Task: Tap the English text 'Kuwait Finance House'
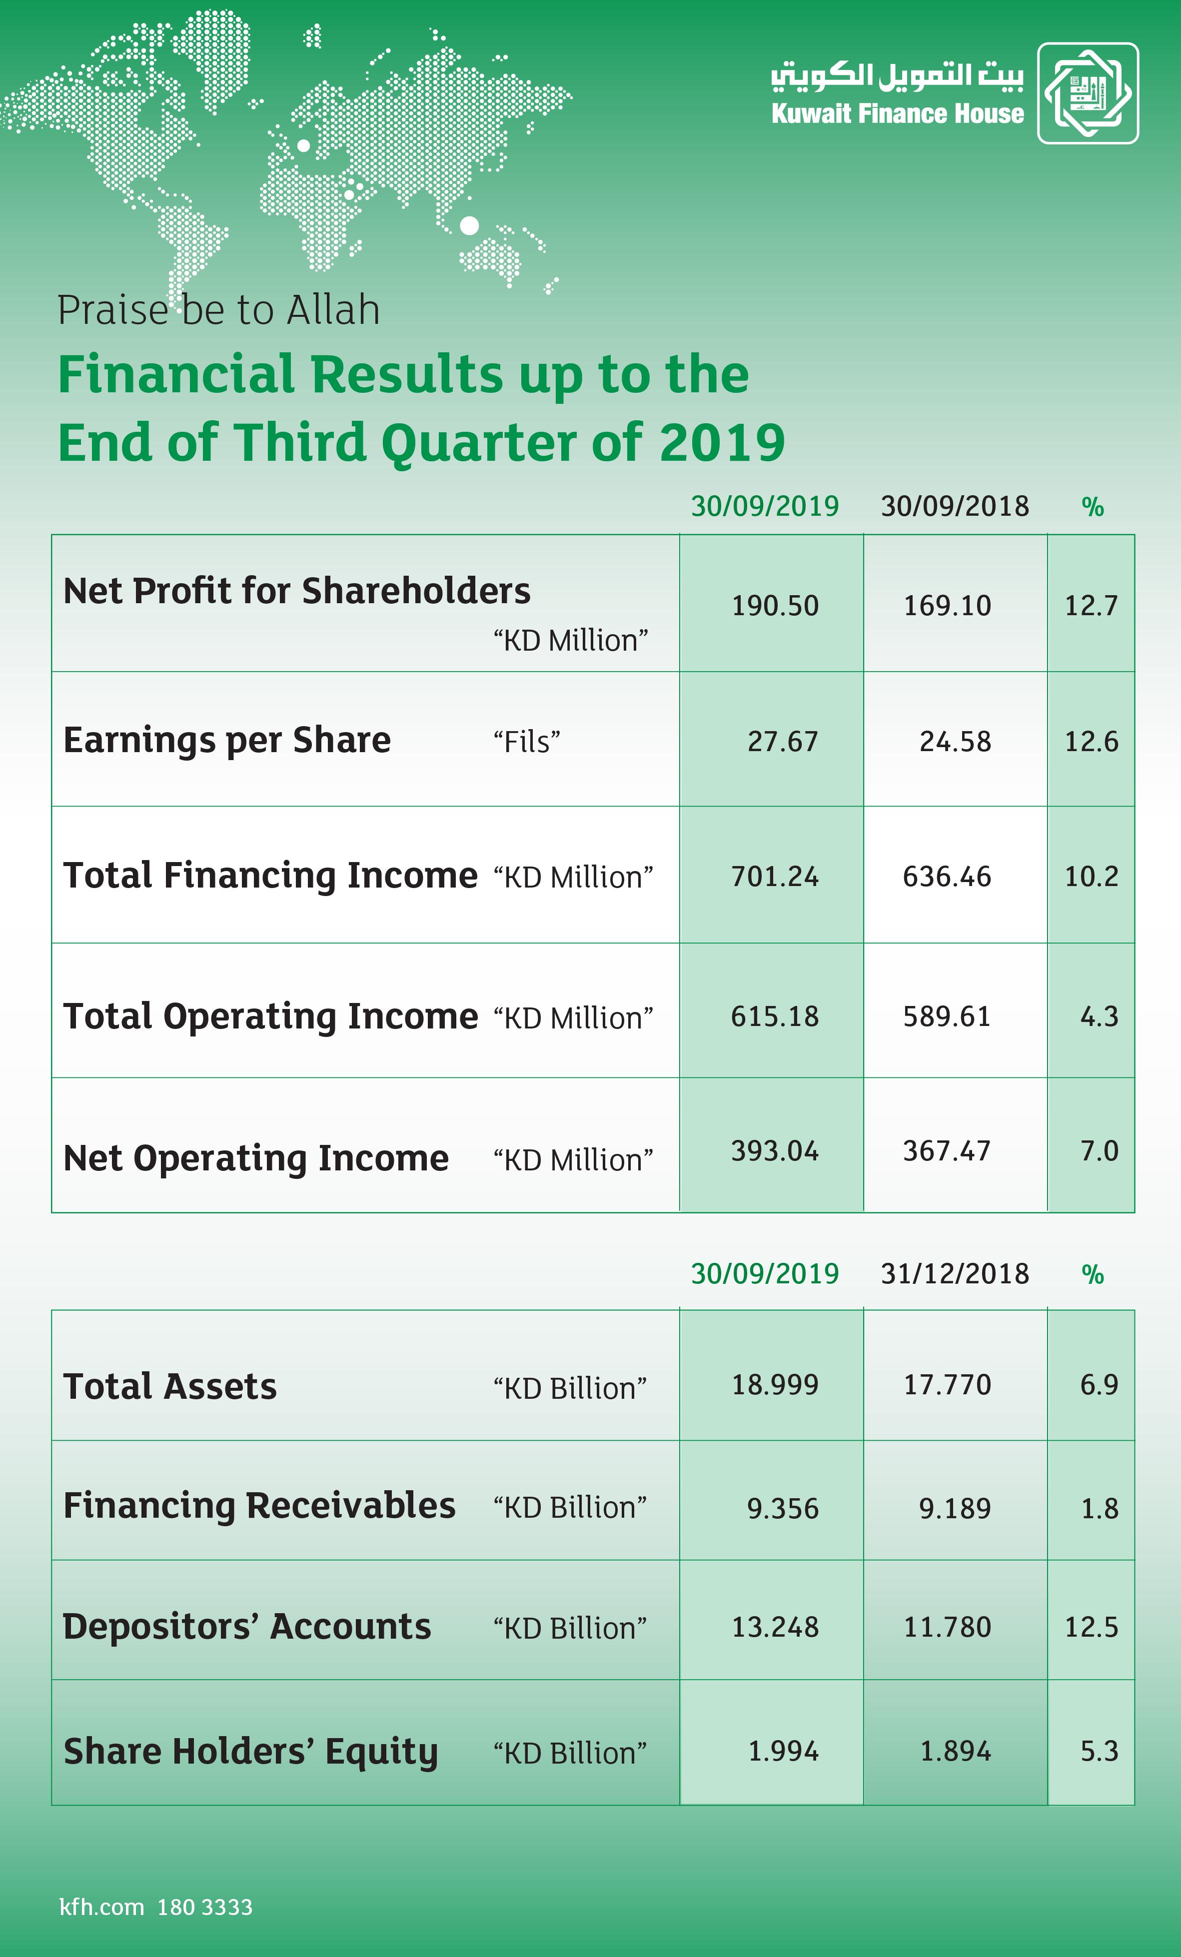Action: (898, 113)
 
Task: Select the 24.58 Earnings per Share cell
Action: (956, 741)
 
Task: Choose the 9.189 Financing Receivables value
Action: (956, 1508)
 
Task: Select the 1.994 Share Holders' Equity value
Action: (783, 1751)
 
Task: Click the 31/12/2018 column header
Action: (955, 1274)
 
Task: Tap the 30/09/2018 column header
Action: (955, 506)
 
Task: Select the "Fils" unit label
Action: (527, 742)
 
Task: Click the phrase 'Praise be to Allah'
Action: (218, 310)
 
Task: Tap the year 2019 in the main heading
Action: (722, 442)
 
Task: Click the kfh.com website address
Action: (101, 1907)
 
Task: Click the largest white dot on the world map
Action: (469, 225)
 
